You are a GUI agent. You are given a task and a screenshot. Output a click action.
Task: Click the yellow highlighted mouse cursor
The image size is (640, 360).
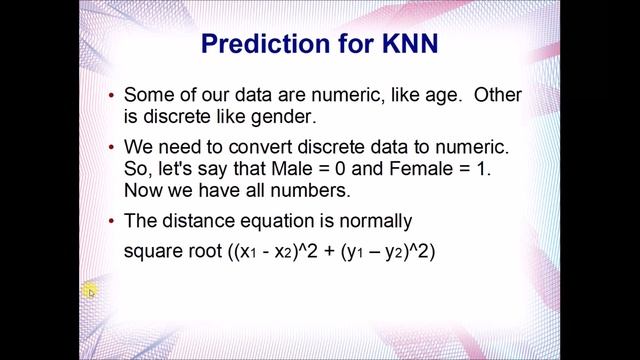[x=89, y=291]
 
